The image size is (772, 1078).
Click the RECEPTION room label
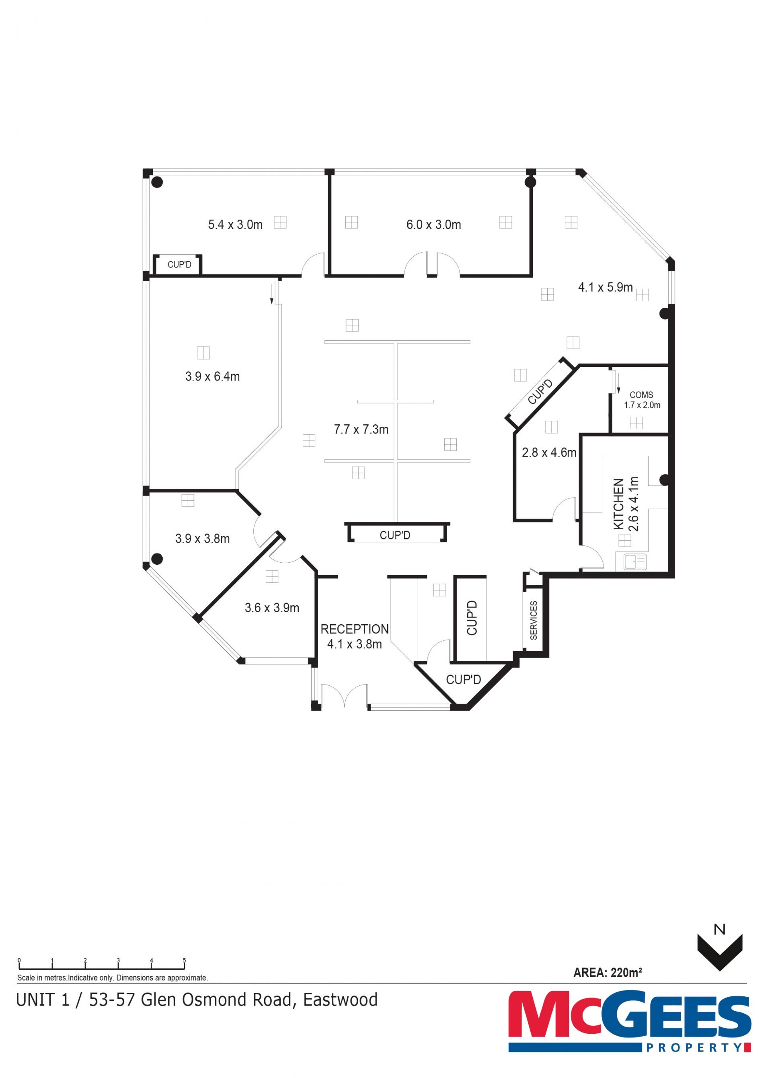tap(354, 629)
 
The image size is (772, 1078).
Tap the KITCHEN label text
tap(618, 504)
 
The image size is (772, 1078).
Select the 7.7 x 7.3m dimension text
tap(361, 430)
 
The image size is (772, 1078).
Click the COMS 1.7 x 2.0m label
tap(641, 400)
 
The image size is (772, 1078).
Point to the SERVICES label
tap(533, 620)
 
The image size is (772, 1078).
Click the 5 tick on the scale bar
tap(184, 961)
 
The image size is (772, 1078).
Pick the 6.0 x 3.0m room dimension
tap(433, 225)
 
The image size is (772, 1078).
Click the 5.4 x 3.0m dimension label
tap(235, 225)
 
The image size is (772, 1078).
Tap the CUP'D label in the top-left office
tap(179, 265)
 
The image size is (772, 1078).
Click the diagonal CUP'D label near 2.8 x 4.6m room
tap(540, 392)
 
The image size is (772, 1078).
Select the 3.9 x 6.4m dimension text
tap(212, 377)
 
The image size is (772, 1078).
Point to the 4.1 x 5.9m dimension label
tap(605, 287)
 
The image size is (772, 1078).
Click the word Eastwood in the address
tap(340, 1000)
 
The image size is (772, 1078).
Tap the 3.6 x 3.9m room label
tap(272, 608)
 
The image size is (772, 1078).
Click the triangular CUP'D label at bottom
tap(463, 680)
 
